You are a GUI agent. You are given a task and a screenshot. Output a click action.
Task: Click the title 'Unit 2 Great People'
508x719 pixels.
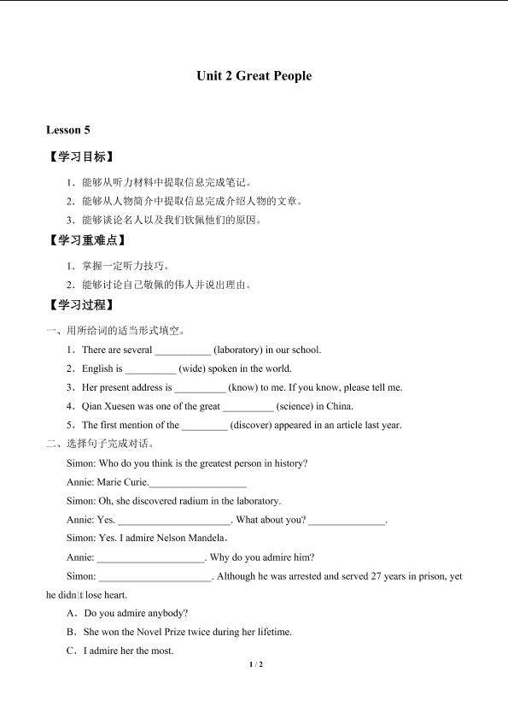(254, 76)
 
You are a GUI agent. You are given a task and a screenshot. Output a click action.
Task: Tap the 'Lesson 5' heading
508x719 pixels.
(68, 130)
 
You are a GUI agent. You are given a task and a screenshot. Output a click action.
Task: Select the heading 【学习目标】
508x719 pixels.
(81, 157)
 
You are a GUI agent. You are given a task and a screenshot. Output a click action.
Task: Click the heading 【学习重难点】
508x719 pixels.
(87, 240)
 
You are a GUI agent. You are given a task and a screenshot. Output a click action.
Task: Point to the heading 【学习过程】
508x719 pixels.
(81, 304)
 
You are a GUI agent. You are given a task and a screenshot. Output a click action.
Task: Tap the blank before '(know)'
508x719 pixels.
(200, 388)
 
